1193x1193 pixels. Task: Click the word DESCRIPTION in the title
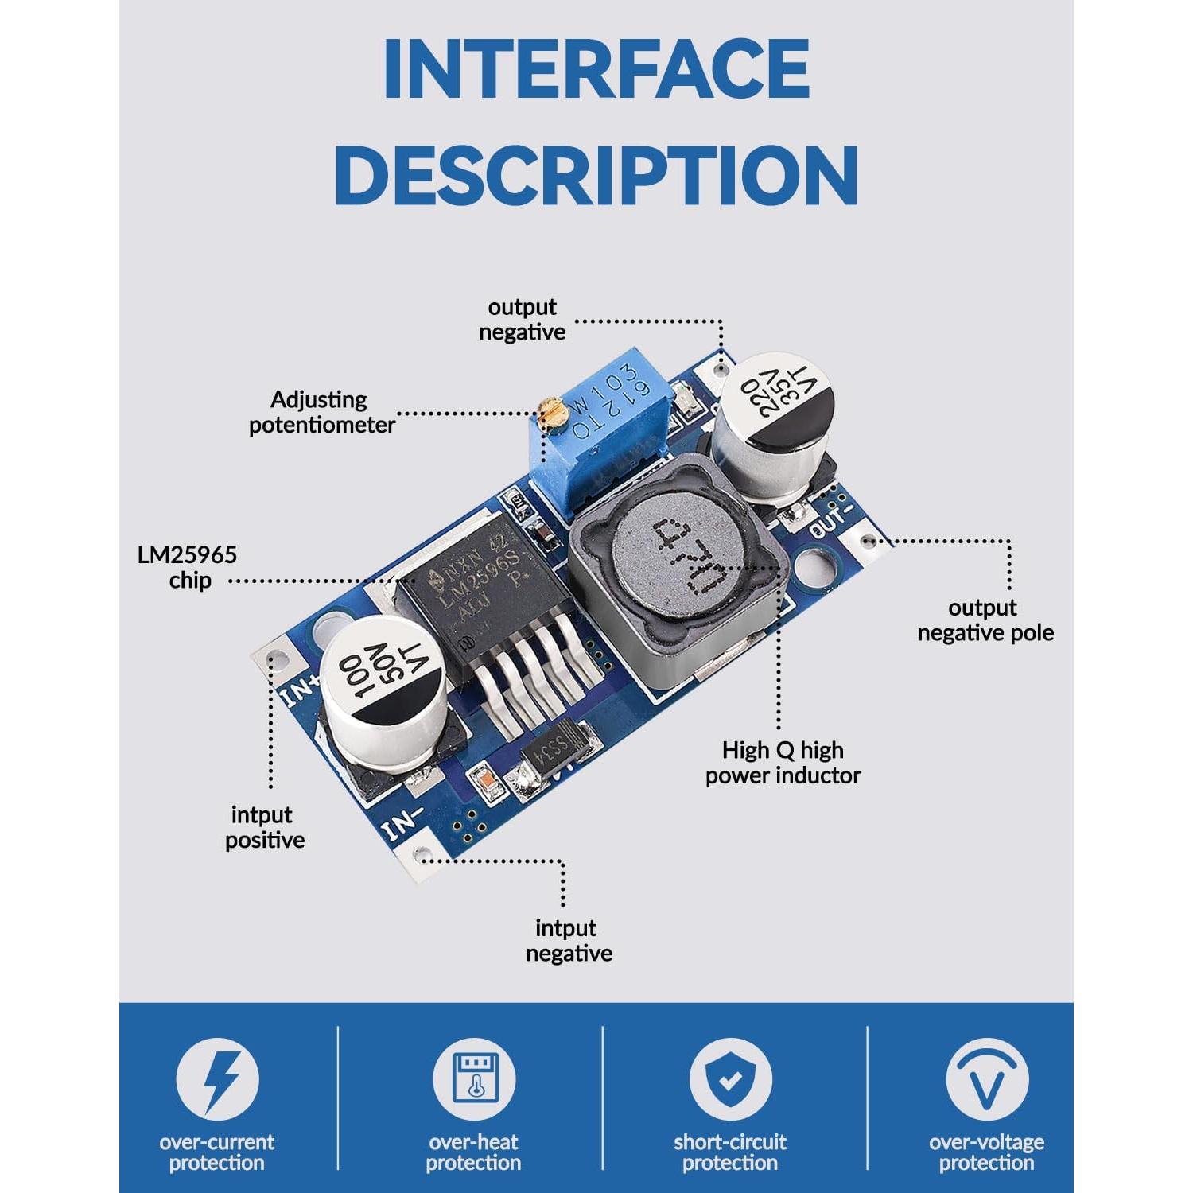(596, 175)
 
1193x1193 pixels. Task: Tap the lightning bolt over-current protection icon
(217, 1080)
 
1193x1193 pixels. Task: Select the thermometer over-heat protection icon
(474, 1080)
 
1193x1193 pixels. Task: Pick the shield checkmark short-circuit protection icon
(730, 1080)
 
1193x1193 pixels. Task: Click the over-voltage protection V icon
(987, 1080)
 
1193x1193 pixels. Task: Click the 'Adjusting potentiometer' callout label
(321, 412)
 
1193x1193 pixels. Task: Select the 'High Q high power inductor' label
(783, 763)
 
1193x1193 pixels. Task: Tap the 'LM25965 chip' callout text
(188, 567)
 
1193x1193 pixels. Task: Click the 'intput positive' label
(264, 827)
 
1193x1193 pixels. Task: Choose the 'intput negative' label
(569, 940)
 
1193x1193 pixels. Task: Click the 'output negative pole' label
(985, 620)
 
